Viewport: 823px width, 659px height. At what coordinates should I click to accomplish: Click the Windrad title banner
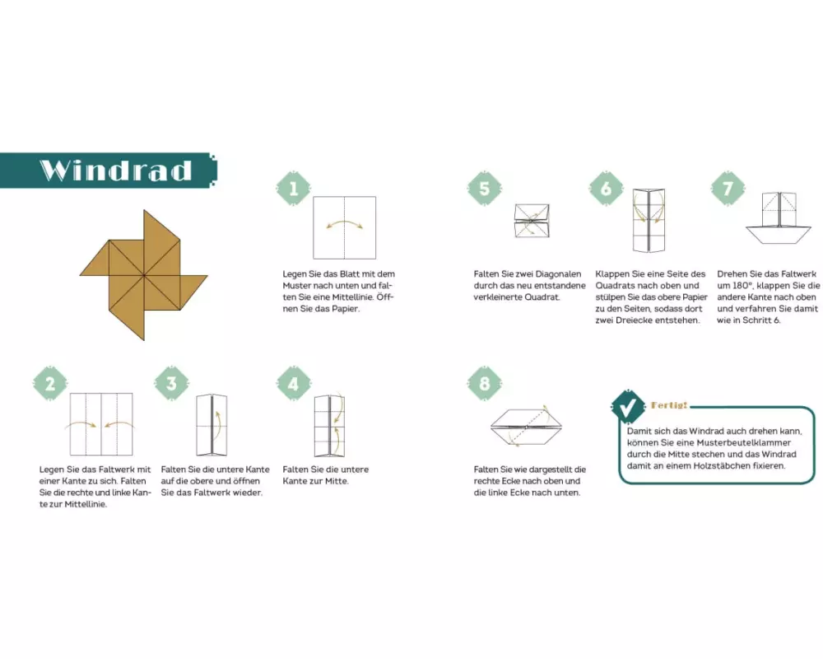109,171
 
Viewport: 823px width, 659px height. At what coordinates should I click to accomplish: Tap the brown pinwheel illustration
144,275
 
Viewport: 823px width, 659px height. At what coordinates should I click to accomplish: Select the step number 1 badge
294,188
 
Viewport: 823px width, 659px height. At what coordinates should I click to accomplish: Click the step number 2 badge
50,384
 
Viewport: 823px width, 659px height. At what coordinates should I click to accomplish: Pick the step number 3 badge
172,384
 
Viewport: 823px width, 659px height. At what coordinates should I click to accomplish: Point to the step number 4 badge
294,384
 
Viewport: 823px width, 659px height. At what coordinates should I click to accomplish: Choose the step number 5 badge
485,188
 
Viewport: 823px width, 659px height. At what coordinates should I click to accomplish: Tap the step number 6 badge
607,188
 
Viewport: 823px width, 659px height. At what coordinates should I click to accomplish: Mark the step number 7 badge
728,188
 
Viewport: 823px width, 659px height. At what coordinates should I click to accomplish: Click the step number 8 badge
485,384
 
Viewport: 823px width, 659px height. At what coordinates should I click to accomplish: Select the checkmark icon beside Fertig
628,407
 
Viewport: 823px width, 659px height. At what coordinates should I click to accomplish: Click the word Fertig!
669,405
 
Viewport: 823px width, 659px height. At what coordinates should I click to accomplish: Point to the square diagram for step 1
344,227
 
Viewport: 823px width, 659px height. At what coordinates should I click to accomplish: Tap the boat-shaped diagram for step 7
779,217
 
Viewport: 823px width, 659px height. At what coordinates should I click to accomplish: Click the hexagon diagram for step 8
526,426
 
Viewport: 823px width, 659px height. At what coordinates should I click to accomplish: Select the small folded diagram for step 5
532,221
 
